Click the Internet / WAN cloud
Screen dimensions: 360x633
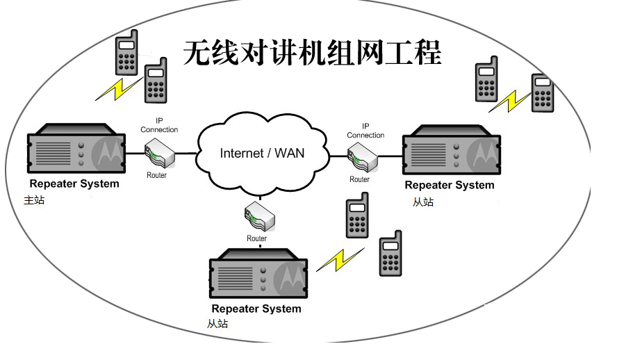pos(262,153)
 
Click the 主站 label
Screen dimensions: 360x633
pos(33,200)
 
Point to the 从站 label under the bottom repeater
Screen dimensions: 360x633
pos(217,324)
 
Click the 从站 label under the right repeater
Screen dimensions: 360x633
pos(422,202)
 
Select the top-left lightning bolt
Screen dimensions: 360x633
pos(118,88)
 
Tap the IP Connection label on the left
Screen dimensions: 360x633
pos(159,125)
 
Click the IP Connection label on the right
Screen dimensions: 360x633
pos(365,131)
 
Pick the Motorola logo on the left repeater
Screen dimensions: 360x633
pos(108,150)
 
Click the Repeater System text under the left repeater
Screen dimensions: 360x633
pos(74,184)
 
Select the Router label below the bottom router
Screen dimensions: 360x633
pos(256,238)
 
